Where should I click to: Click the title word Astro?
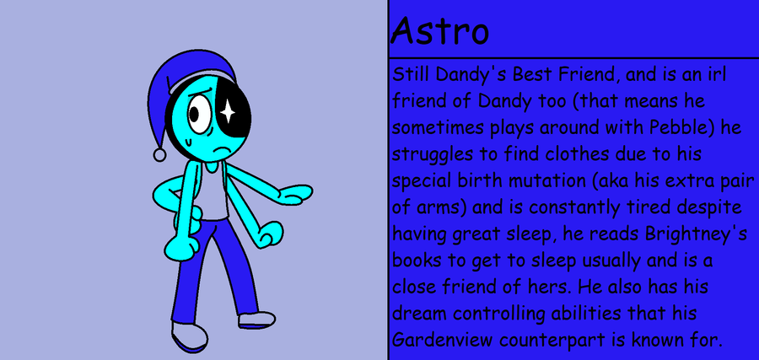439,31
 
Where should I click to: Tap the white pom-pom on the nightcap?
159,155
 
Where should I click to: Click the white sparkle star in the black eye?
228,112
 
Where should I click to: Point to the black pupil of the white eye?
194,114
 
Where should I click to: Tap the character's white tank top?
215,191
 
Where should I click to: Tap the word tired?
647,207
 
